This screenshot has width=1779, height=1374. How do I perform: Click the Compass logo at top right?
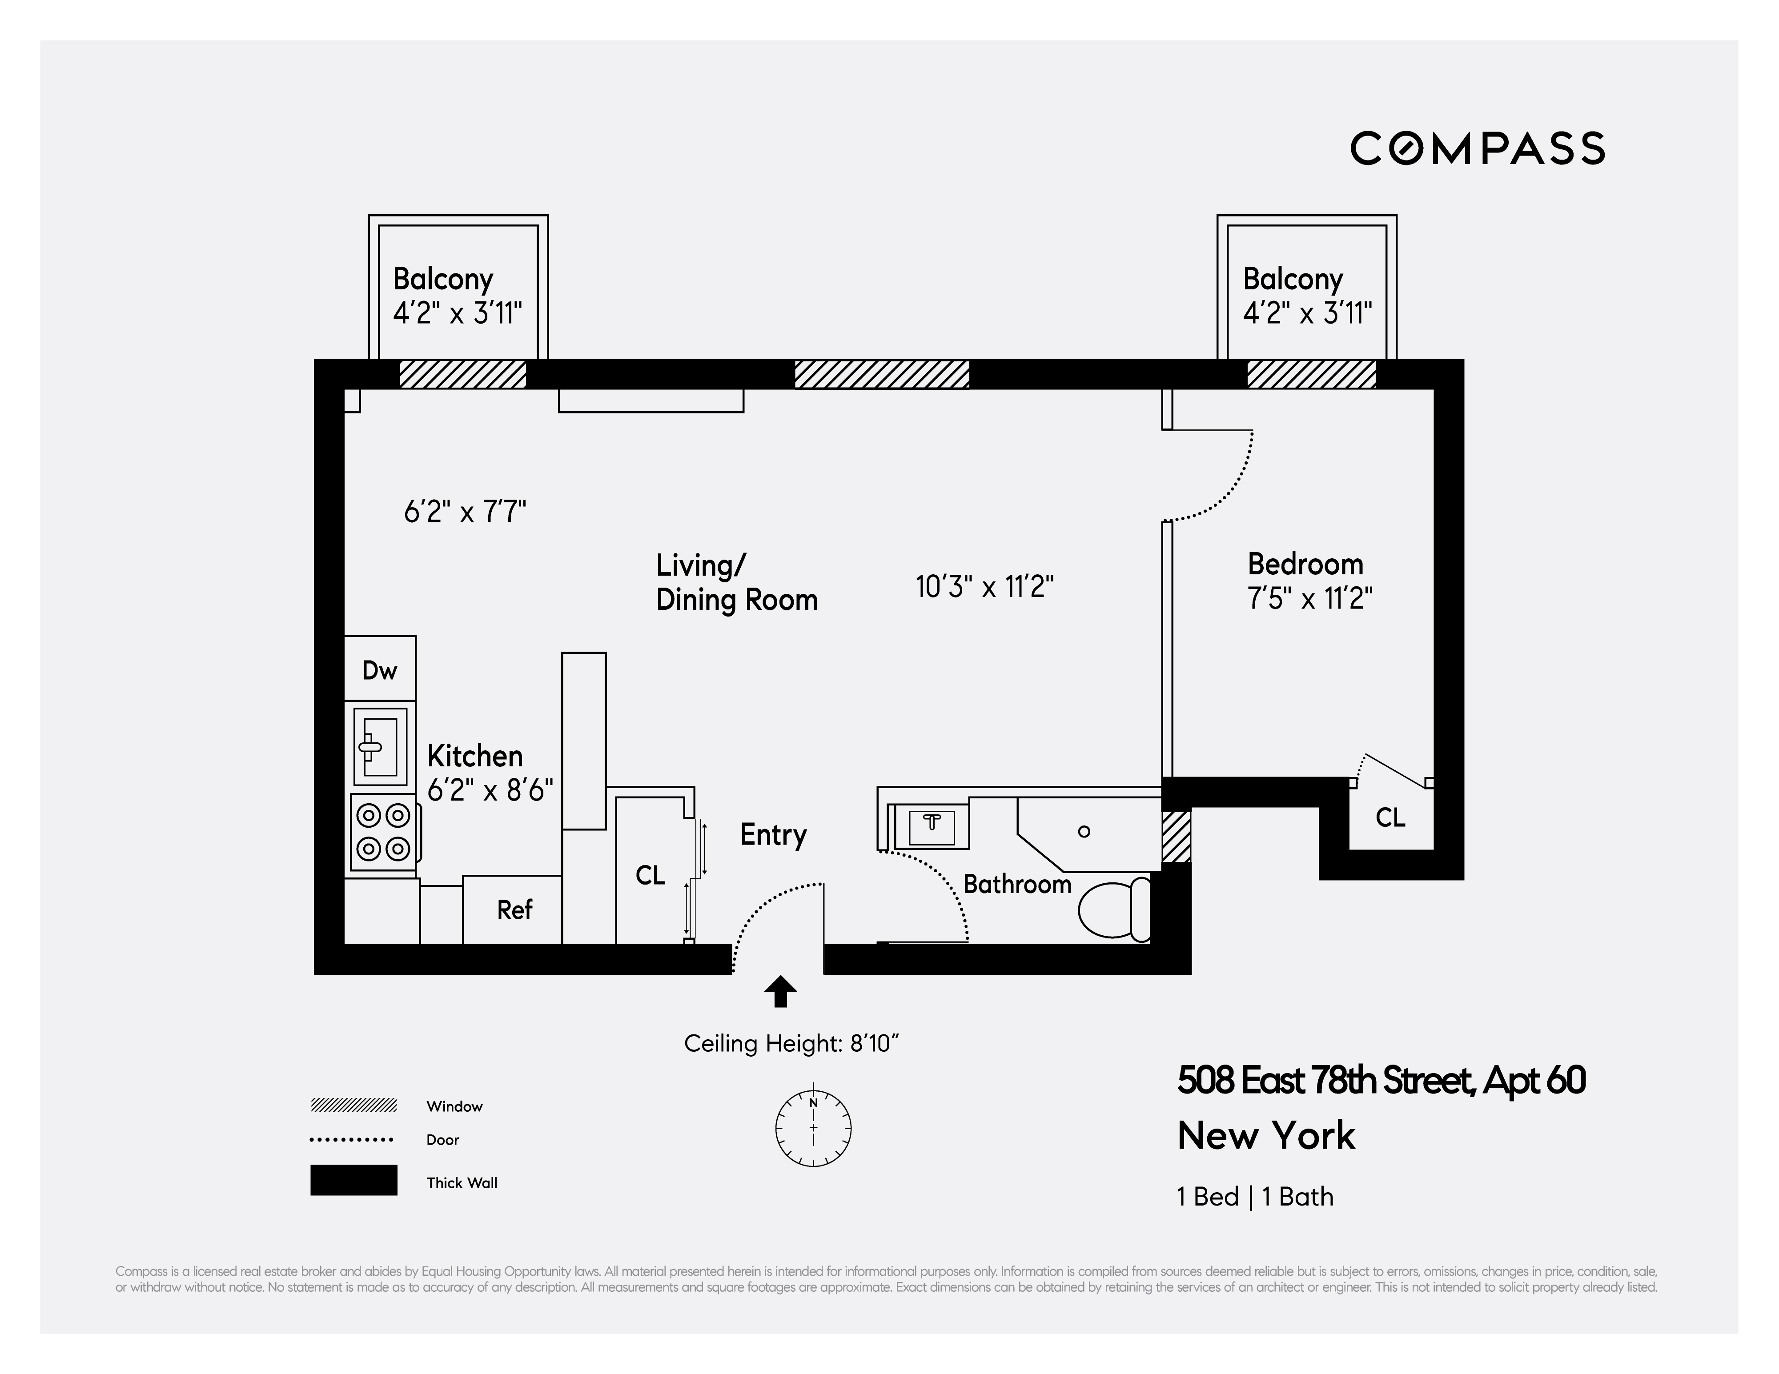coord(1477,148)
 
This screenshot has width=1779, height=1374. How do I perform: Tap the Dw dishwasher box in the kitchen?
coord(380,669)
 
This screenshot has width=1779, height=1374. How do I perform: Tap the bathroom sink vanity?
coord(932,825)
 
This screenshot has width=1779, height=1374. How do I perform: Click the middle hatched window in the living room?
coord(881,374)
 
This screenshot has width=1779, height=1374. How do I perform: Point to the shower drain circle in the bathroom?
coord(1084,832)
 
